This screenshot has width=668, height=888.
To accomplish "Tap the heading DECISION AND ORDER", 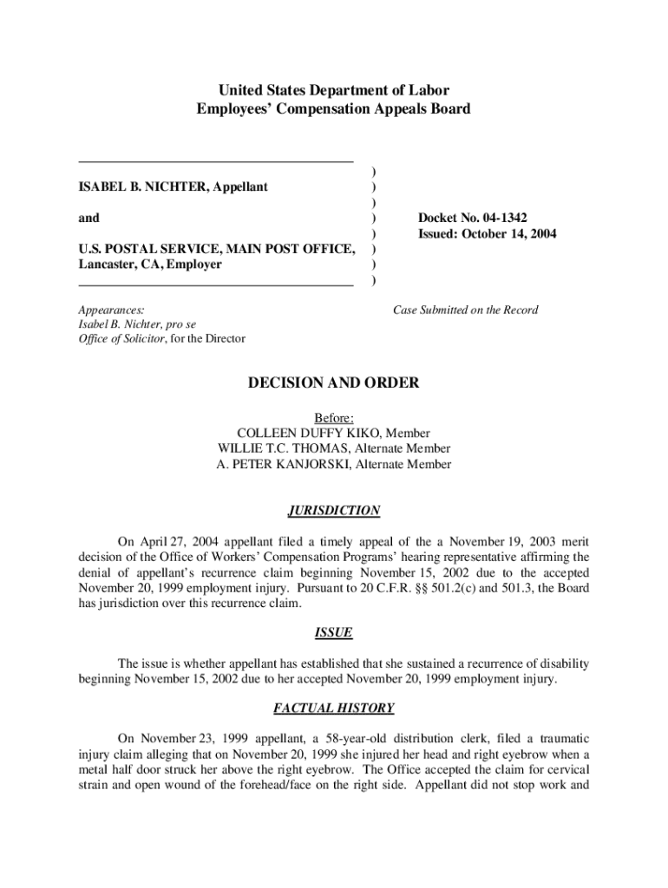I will tap(334, 383).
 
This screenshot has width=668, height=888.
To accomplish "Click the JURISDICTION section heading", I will tap(334, 511).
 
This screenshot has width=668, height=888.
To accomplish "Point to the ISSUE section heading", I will tap(334, 633).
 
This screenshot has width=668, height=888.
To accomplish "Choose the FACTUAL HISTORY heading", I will tap(334, 708).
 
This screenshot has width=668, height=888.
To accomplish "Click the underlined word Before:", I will tap(334, 417).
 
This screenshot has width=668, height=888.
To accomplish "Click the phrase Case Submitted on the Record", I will tap(465, 310).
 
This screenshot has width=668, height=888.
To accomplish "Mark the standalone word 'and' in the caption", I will tap(88, 218).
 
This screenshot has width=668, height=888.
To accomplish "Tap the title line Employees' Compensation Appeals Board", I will tap(334, 109).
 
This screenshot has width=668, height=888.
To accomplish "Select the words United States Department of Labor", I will tap(334, 90).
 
